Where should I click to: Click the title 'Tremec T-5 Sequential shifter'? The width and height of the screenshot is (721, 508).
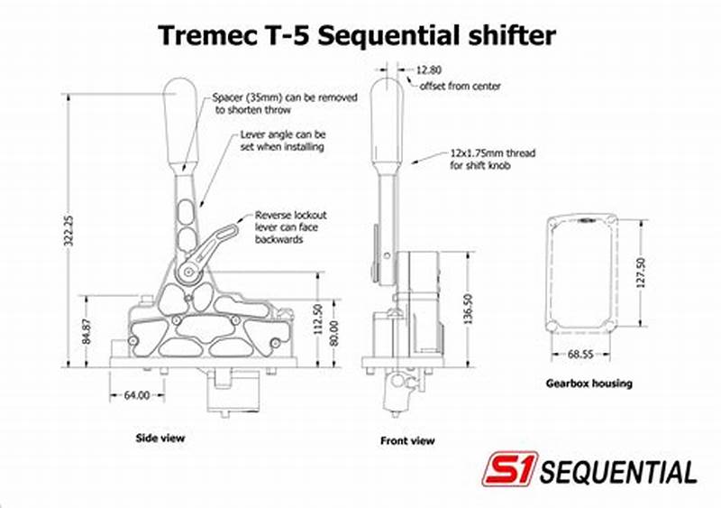357,35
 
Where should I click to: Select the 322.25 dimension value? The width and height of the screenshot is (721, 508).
66,232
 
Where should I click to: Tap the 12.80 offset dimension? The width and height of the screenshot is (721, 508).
429,69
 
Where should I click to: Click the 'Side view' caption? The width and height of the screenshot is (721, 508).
160,438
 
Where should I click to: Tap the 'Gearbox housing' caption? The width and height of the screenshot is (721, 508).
589,383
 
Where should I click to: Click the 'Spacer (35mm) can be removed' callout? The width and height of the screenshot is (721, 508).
285,102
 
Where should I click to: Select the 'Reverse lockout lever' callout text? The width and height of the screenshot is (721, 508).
290,227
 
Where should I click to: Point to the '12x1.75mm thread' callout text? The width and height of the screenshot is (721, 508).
492,160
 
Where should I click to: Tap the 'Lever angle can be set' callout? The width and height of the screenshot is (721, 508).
281,140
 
